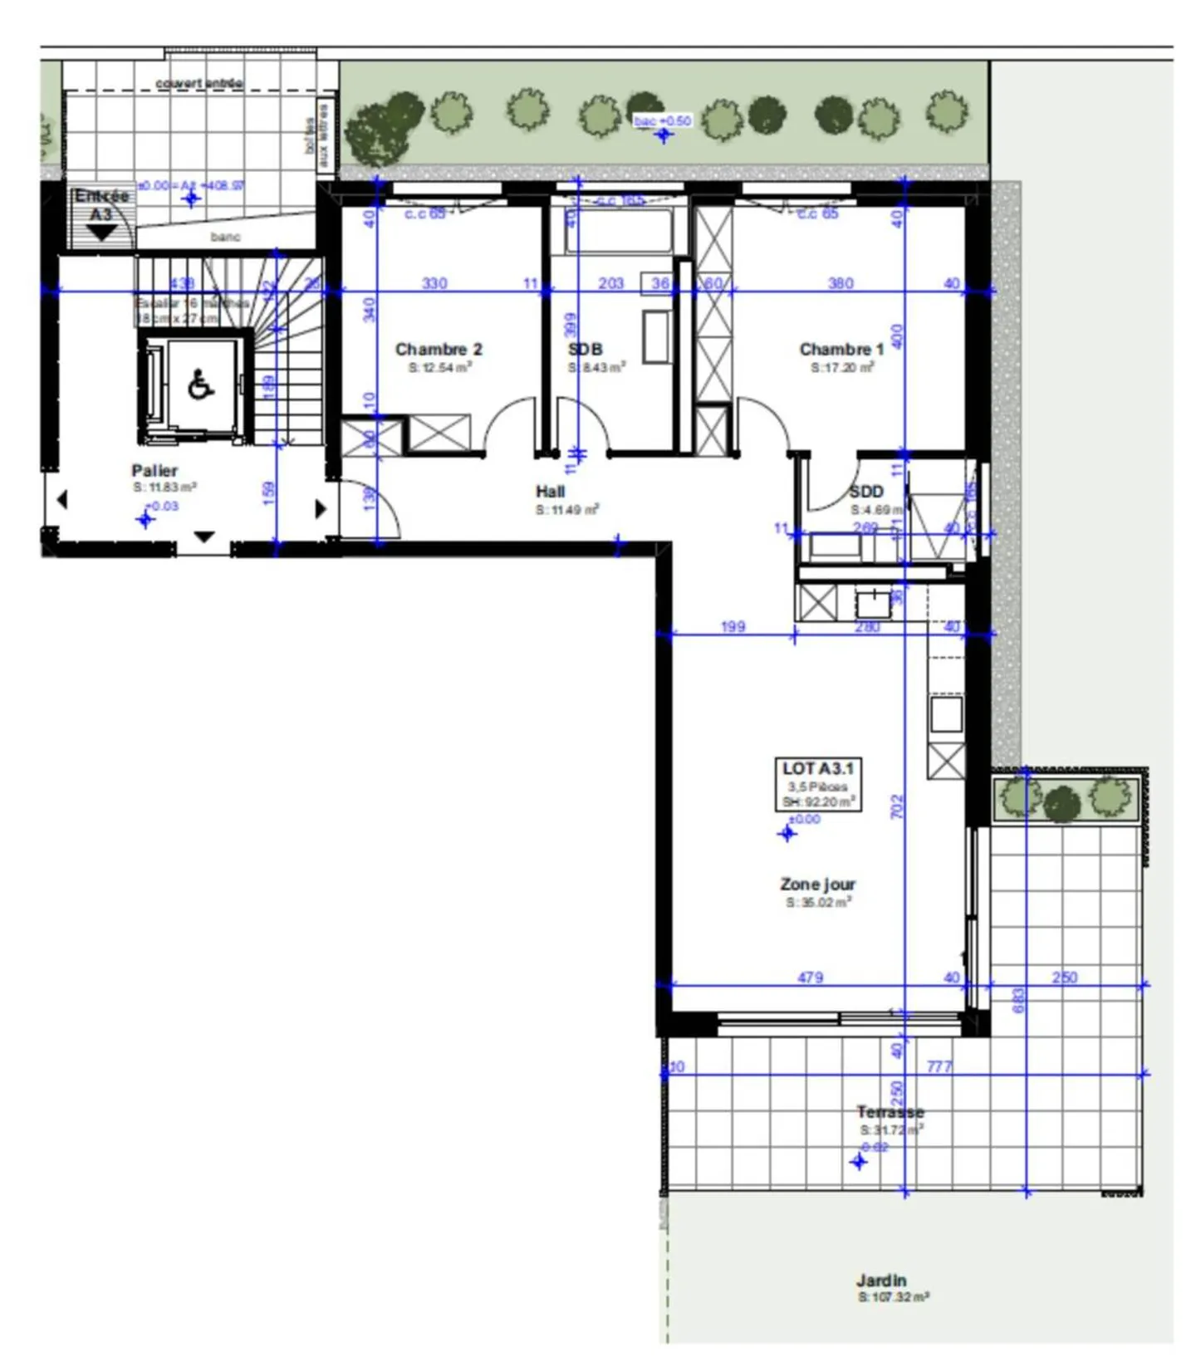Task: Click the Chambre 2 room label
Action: click(x=439, y=350)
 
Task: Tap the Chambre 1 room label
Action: click(x=841, y=350)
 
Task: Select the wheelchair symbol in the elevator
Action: click(x=200, y=385)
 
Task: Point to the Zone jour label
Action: click(x=817, y=884)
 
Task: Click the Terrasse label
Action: click(x=890, y=1112)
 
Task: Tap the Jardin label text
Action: click(x=881, y=1281)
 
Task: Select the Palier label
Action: click(x=154, y=471)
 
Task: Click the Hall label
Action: click(x=550, y=492)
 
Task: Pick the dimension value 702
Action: click(x=897, y=806)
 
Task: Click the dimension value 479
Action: click(x=810, y=977)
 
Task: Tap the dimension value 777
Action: click(x=939, y=1066)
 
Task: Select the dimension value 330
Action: click(x=434, y=283)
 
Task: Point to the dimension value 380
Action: click(x=841, y=283)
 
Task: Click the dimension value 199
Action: click(x=733, y=627)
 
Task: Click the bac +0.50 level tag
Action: click(x=662, y=121)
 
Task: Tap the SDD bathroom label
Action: click(x=865, y=492)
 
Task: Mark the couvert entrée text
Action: click(x=199, y=84)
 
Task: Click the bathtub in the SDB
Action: click(x=619, y=233)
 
